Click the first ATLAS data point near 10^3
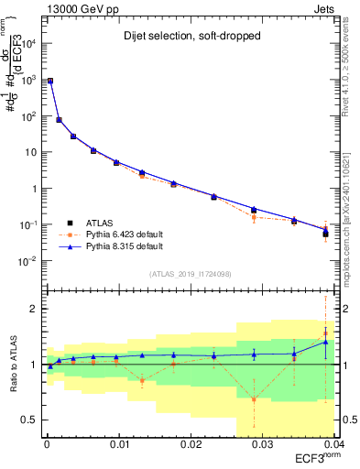point(49,81)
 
